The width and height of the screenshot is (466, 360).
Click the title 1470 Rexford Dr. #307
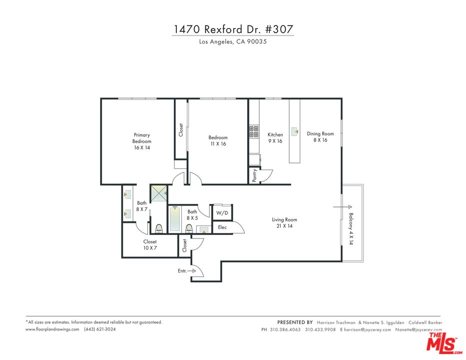tap(233, 29)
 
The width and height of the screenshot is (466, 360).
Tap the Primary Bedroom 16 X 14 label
tap(141, 141)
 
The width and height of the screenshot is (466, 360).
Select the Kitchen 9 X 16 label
tap(275, 138)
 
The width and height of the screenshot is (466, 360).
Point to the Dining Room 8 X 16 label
tap(320, 137)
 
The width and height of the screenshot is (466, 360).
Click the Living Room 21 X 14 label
tap(284, 223)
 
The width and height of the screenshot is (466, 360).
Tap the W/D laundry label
tap(222, 213)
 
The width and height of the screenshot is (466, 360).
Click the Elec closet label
tap(222, 227)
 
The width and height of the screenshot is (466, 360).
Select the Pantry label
tap(255, 175)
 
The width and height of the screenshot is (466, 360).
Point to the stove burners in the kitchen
tap(254, 131)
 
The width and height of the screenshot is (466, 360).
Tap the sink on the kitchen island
tap(295, 131)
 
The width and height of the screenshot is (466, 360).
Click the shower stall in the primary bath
tap(159, 193)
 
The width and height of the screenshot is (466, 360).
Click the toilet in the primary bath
tap(159, 228)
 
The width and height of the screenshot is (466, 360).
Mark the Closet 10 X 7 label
tap(149, 245)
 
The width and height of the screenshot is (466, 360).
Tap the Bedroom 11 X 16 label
tap(218, 140)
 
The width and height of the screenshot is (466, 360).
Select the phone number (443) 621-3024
tap(100, 329)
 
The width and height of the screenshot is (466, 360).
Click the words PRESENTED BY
tap(295, 322)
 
